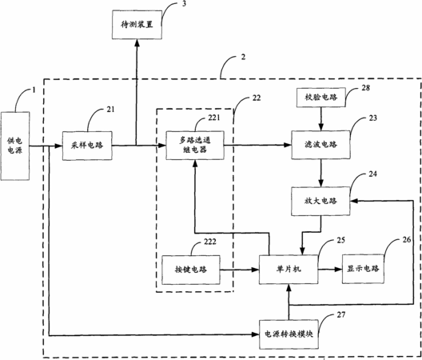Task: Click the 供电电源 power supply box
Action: [15, 146]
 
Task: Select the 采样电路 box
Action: [87, 146]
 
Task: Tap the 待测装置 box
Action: [137, 25]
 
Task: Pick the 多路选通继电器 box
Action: [195, 146]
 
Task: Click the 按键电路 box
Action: [191, 270]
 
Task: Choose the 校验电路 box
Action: [320, 98]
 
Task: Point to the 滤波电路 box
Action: [320, 145]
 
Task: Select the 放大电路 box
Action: [320, 201]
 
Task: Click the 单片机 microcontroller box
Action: [289, 269]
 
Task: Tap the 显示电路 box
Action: [363, 269]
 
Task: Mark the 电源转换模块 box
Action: [289, 334]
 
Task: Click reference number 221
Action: [214, 118]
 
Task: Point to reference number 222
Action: [210, 242]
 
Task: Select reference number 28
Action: [365, 88]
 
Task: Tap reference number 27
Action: [340, 314]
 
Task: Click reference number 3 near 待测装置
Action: [184, 4]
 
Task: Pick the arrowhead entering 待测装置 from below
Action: [137, 42]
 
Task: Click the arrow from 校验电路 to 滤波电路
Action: [320, 119]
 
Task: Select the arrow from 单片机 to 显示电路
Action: [330, 269]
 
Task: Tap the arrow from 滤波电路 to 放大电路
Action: [320, 173]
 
